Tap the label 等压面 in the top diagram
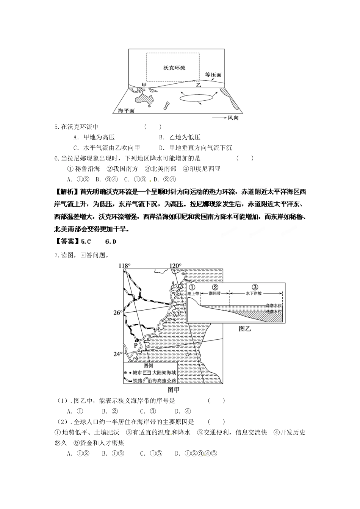(213, 75)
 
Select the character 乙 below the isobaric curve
(199, 86)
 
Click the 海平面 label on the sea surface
(126, 111)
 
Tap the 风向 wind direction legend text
(233, 118)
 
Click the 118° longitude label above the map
(125, 265)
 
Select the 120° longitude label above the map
(175, 265)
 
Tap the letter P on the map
(135, 345)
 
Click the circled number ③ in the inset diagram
(255, 287)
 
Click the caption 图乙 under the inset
(245, 329)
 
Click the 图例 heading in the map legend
(148, 366)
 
